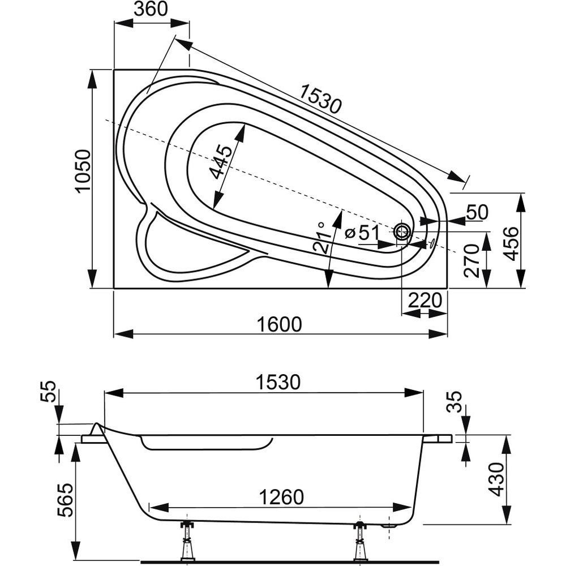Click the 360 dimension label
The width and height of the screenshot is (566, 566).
(x=152, y=10)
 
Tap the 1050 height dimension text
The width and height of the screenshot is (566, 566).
(x=83, y=171)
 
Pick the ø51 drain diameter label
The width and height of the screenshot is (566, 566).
(x=361, y=231)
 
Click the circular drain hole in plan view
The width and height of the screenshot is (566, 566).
(x=403, y=231)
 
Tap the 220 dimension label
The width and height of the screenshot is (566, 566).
(x=424, y=301)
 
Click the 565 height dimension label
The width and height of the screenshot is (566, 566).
(x=66, y=500)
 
